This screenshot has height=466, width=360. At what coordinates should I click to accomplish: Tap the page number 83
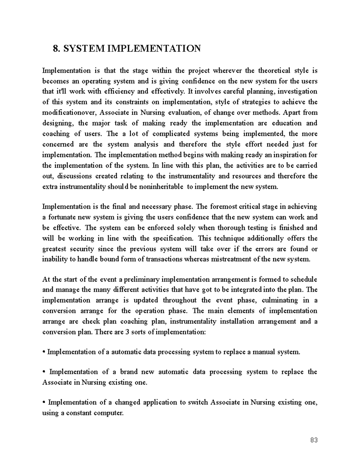click(314, 440)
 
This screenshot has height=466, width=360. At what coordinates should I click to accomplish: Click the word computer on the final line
click(108, 413)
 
